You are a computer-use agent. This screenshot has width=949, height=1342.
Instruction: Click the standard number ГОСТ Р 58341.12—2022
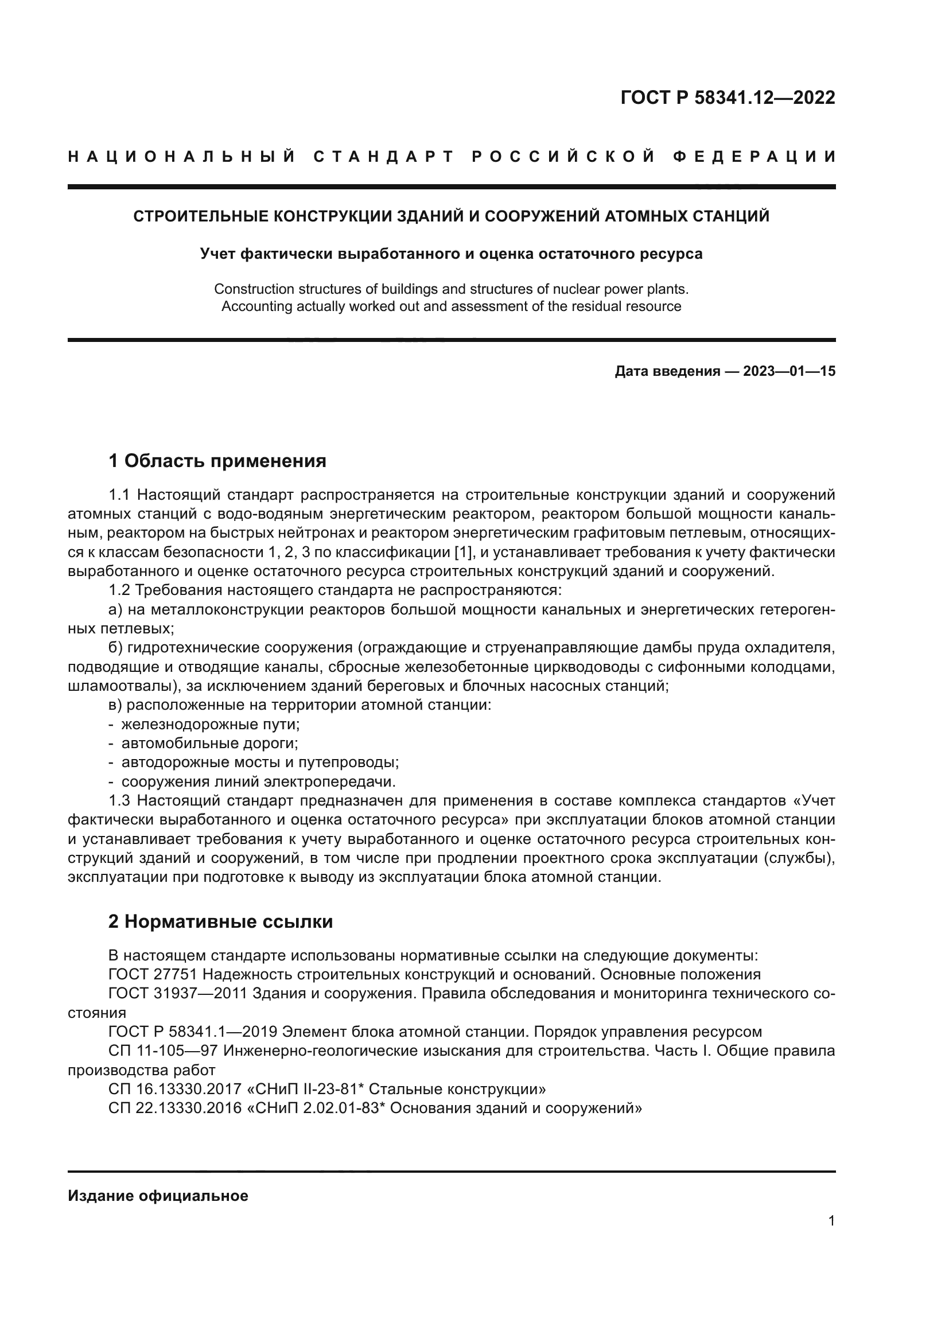tap(728, 98)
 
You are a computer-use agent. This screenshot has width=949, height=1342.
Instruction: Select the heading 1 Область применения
tap(217, 461)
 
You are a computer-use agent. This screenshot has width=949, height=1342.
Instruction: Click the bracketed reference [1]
tap(463, 553)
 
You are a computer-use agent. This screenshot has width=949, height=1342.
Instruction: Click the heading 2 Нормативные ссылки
tap(220, 922)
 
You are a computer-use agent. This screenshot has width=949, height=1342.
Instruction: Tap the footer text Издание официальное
tap(158, 1196)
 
